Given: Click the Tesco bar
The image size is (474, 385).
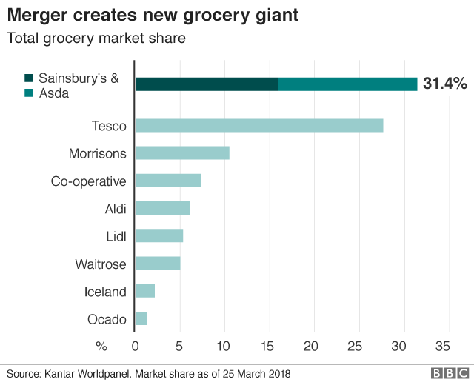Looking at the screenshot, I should (258, 126).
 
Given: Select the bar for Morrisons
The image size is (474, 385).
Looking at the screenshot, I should (182, 153).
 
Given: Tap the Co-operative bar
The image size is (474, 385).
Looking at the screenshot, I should (168, 181).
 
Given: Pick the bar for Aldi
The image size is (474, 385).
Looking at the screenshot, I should (162, 208).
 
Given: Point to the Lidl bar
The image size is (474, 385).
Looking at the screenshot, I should (158, 235).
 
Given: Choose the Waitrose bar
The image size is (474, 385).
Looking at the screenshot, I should (158, 264).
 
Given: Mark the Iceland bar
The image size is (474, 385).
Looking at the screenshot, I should (145, 291).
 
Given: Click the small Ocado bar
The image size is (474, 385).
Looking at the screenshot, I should (141, 318).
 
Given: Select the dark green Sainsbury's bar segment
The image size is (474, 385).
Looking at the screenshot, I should (207, 84).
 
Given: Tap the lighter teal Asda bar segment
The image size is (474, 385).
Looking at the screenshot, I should (347, 84).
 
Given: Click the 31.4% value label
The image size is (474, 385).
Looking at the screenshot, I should (444, 84).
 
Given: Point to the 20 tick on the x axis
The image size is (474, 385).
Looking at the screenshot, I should (311, 345).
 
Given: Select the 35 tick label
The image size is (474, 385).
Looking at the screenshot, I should (443, 345).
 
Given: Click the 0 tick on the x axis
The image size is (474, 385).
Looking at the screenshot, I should (135, 345).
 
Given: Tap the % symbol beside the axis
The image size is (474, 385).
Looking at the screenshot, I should (102, 345).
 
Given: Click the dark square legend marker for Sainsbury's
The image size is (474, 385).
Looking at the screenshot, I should (28, 78).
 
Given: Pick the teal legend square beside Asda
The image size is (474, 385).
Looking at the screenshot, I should (28, 93).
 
